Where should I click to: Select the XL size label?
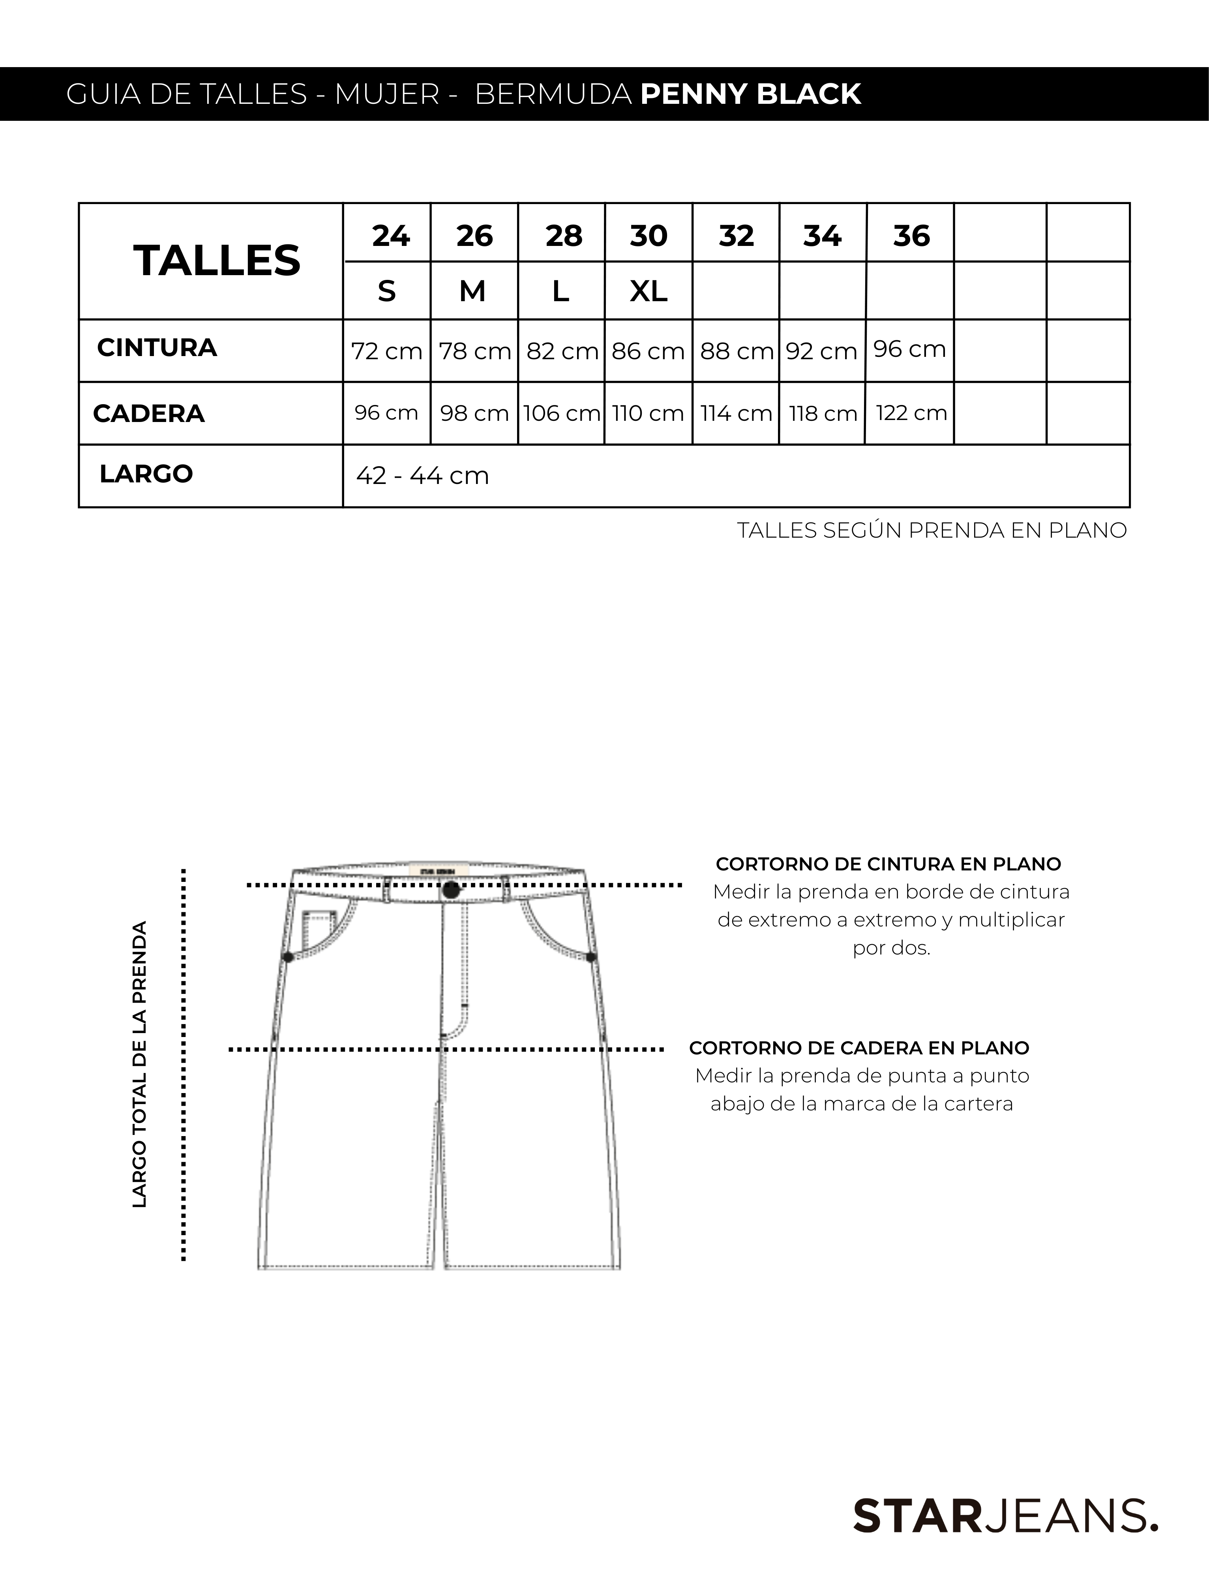tap(649, 291)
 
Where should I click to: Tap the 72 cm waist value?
tap(386, 351)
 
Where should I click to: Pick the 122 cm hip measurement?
tap(911, 413)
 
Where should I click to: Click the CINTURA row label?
tap(157, 348)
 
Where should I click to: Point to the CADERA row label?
tap(149, 414)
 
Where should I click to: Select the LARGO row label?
tap(146, 474)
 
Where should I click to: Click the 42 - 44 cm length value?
tap(422, 476)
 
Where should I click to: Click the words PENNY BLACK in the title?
tap(751, 94)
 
